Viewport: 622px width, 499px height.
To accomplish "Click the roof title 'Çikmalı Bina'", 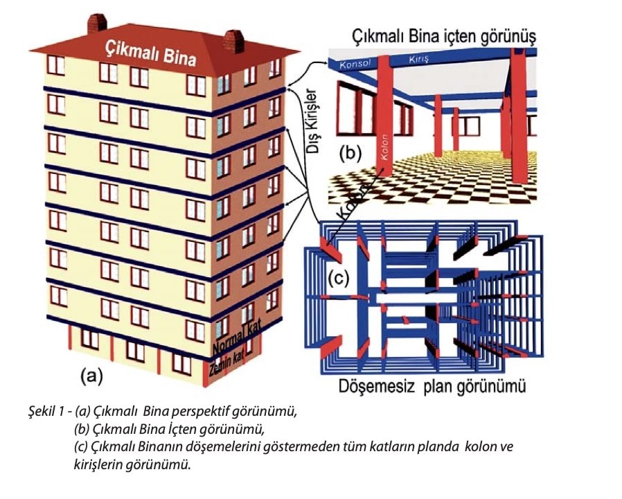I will tap(150, 53).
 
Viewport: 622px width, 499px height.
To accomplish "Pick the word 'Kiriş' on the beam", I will tap(422, 60).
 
